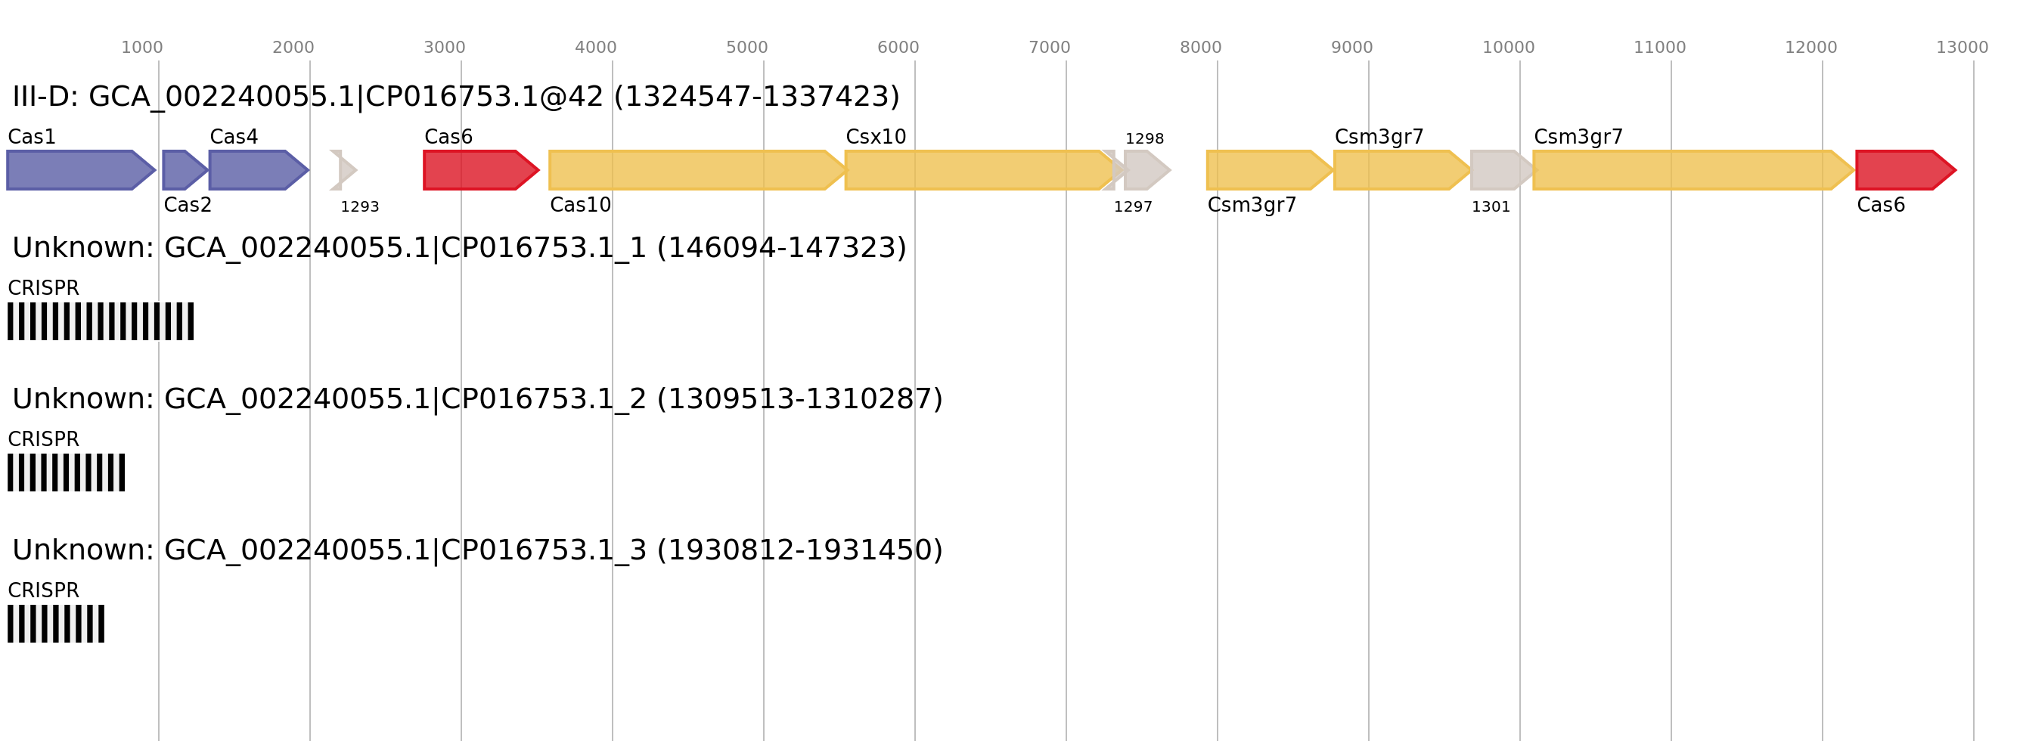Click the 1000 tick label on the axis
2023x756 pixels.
tap(141, 48)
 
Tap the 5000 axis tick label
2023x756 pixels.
tap(746, 48)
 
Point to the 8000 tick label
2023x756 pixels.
tap(1200, 48)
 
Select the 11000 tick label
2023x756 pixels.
tap(1659, 48)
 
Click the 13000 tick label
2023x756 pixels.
tap(1962, 48)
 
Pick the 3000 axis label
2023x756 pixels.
tap(444, 48)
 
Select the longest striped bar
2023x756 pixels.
tap(101, 321)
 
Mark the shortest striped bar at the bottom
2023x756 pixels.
tap(56, 624)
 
